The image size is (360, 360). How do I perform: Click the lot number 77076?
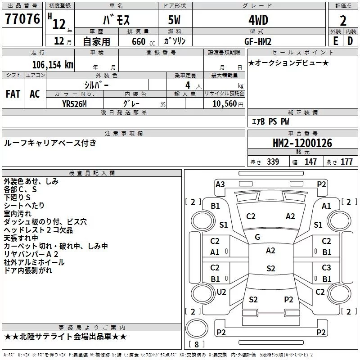click(22, 19)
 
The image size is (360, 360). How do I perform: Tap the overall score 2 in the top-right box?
click(343, 20)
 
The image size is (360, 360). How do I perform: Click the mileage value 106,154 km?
click(52, 64)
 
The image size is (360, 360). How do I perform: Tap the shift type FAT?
click(13, 94)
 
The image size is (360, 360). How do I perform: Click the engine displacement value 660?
click(138, 41)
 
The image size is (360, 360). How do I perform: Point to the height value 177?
click(346, 162)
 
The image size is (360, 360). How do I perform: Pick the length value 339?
click(272, 162)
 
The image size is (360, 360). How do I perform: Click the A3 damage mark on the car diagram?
click(220, 184)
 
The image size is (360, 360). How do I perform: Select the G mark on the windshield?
click(257, 237)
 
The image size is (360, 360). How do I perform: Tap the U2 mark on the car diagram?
click(221, 292)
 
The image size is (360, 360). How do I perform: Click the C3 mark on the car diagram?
click(326, 268)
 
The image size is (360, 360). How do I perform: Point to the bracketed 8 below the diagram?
click(196, 344)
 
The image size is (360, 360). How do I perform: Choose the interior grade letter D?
click(350, 41)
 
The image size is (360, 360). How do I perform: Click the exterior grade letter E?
click(335, 41)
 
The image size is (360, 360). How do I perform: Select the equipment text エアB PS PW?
click(271, 121)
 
